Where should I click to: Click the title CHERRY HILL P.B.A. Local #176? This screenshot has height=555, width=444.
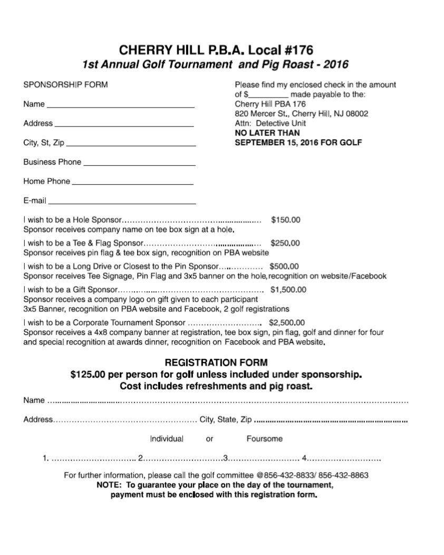[x=216, y=50]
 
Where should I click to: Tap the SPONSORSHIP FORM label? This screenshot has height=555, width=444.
[x=65, y=85]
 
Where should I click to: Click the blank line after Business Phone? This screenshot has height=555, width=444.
[x=139, y=164]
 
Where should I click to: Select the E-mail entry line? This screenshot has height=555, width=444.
[x=122, y=202]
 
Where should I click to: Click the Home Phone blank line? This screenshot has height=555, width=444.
[x=132, y=183]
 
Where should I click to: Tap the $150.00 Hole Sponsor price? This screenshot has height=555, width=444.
[x=285, y=219]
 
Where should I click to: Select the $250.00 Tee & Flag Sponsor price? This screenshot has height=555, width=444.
[x=285, y=243]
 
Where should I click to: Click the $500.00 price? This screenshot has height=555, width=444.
[x=284, y=266]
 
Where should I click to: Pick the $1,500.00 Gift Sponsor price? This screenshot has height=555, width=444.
[x=288, y=290]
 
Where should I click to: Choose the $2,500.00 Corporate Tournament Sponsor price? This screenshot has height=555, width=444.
[x=287, y=322]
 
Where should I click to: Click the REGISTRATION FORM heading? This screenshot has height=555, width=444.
[x=216, y=363]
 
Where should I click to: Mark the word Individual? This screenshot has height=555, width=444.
[x=167, y=439]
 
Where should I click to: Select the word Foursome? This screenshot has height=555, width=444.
[x=264, y=439]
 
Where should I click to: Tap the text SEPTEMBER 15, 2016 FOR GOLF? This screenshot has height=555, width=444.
[x=298, y=142]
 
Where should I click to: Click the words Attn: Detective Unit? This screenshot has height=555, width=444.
[x=270, y=123]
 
